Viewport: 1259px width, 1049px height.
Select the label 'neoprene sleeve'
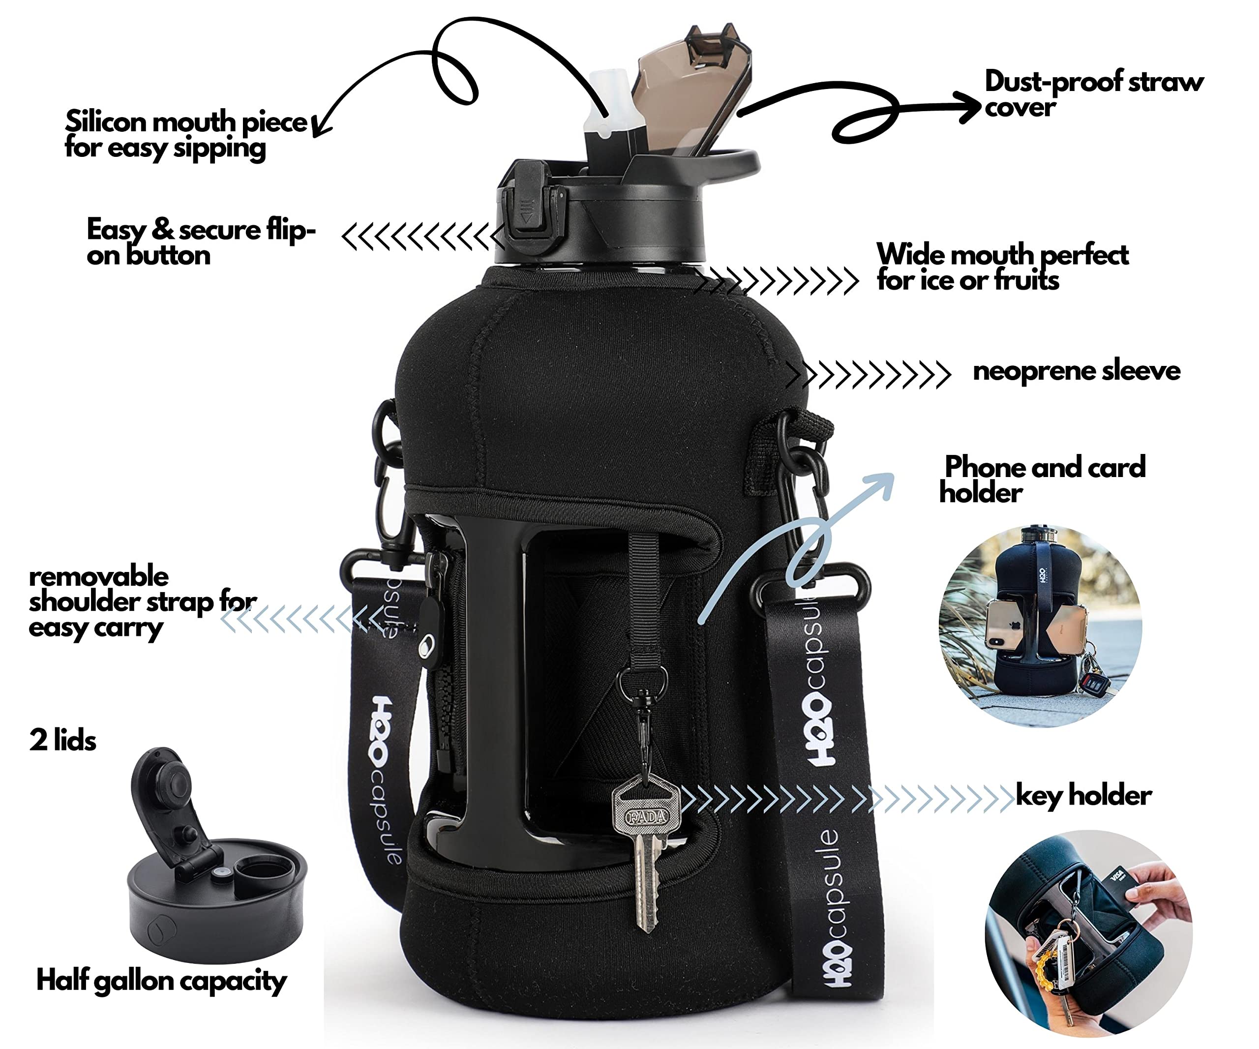[x=1076, y=371]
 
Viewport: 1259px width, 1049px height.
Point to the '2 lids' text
[x=62, y=740]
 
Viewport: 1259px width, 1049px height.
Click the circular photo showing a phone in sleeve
[x=1040, y=627]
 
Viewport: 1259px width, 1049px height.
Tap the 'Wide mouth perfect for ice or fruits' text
[x=1001, y=267]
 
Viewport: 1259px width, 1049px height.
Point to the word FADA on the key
[x=646, y=816]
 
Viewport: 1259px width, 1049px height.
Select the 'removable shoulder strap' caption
[x=141, y=601]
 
